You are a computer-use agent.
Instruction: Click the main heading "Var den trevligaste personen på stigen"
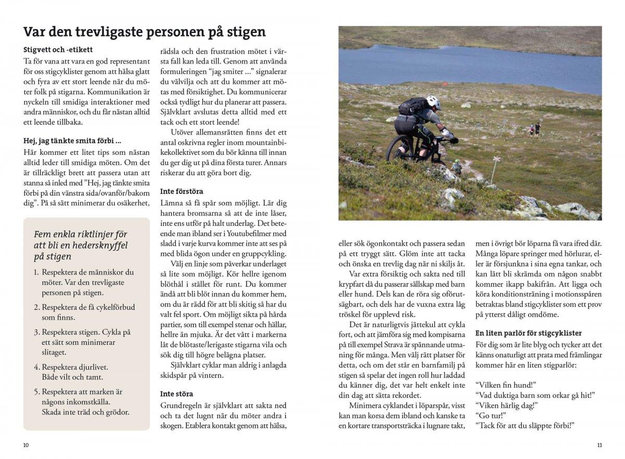144,32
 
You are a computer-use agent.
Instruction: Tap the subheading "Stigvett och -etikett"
58,50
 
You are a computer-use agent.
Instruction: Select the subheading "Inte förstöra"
181,191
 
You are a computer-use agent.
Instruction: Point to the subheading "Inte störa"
176,394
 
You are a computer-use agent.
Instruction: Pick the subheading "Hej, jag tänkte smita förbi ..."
72,140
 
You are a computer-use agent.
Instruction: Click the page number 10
26,445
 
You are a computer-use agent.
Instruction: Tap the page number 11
599,445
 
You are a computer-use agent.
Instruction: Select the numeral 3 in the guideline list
36,332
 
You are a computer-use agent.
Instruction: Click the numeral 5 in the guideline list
36,391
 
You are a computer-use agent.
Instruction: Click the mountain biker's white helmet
433,102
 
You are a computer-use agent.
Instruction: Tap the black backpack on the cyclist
413,107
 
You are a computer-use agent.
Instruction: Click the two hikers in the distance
535,129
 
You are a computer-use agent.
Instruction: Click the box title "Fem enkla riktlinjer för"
80,234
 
